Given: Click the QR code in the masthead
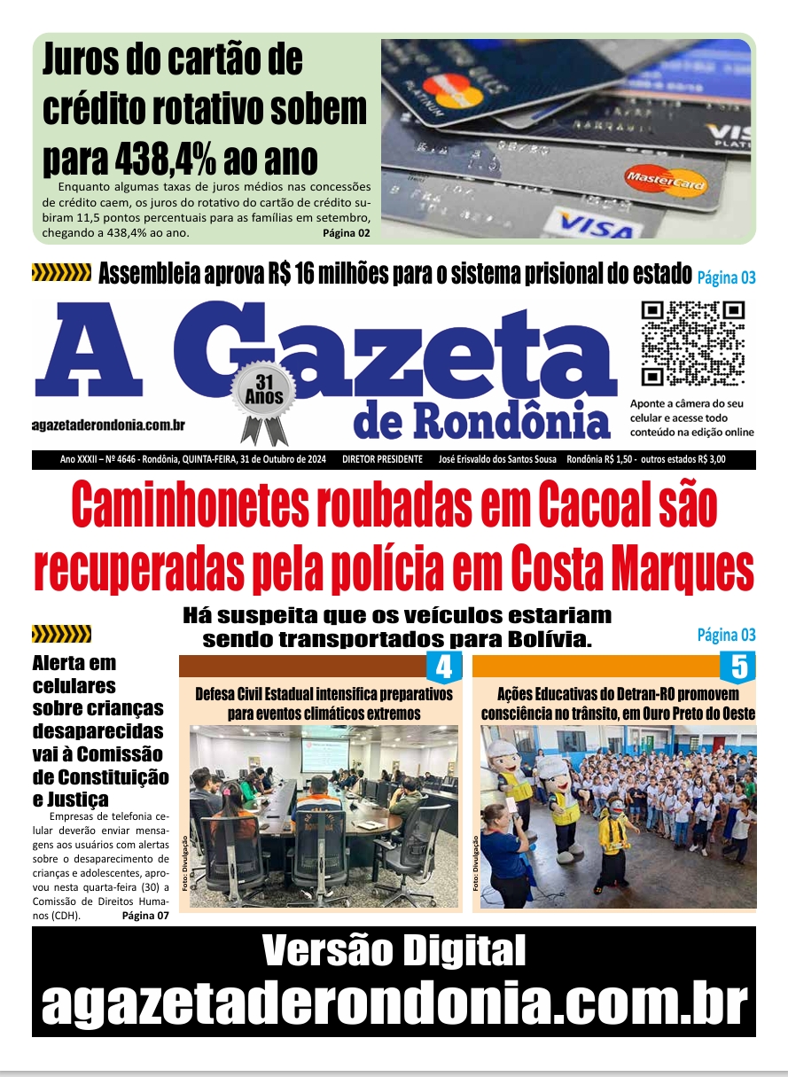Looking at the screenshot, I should point(693,344).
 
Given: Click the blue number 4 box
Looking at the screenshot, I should point(443,667).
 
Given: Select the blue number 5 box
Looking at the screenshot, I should point(737,667).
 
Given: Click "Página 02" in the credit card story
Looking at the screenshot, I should point(346,234).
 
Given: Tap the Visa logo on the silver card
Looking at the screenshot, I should point(596,224).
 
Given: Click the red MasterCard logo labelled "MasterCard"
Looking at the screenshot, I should point(666,182).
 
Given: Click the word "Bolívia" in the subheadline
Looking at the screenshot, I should point(551,639).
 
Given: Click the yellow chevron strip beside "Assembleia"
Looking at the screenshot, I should point(61,273).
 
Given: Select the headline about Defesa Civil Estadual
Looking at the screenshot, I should point(324,703).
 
